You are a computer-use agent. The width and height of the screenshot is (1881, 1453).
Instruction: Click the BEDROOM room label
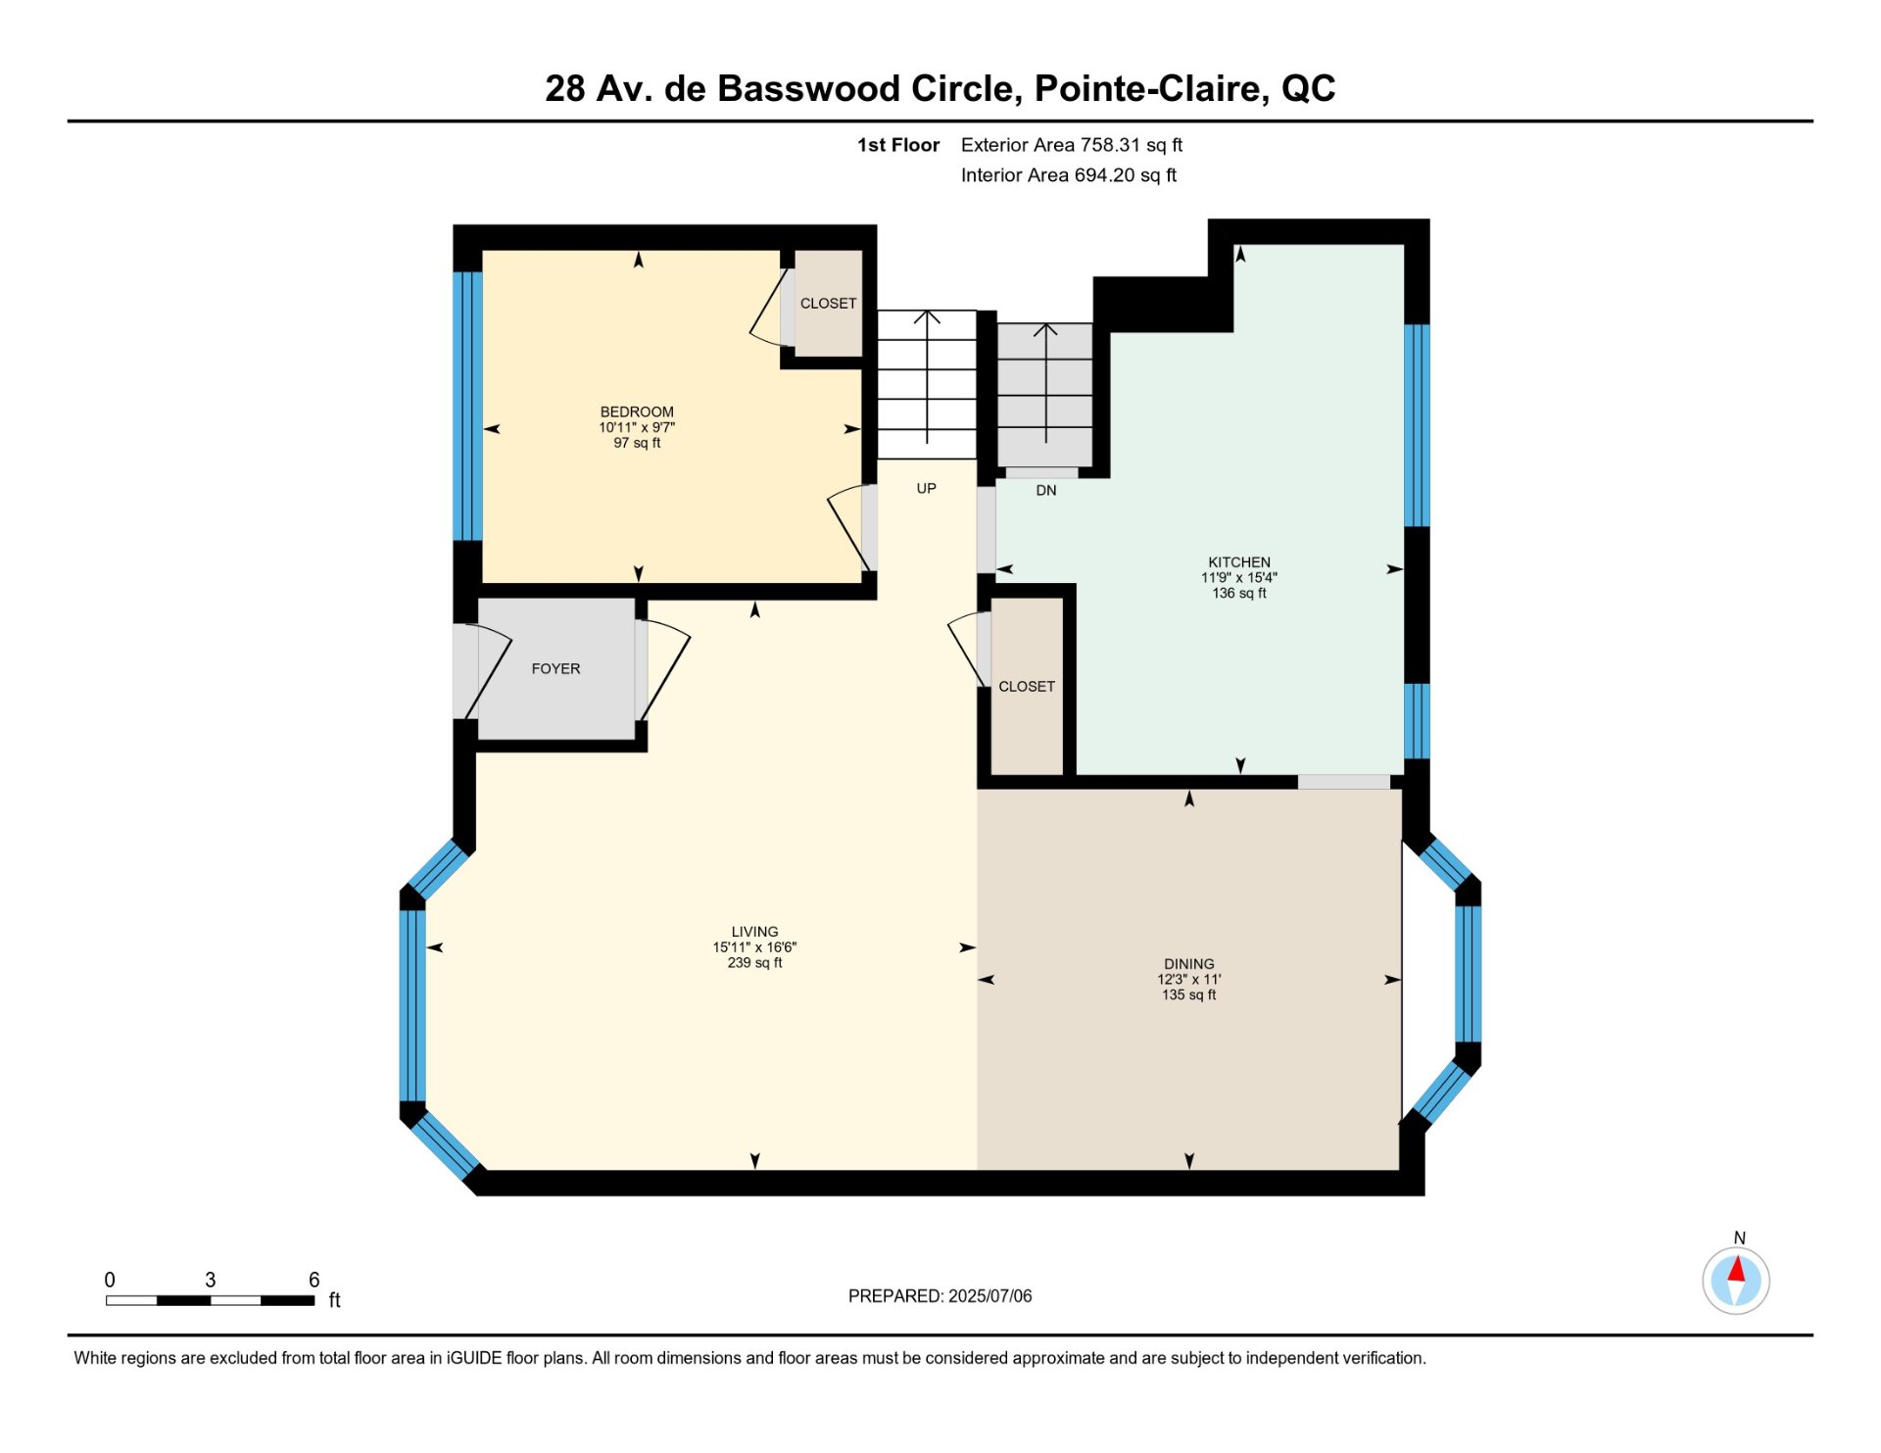pos(637,412)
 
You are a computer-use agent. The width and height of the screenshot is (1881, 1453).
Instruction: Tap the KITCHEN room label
pos(1239,562)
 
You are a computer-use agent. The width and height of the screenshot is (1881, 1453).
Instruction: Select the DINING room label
pos(1189,964)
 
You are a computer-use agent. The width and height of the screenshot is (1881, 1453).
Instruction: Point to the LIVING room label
pos(754,932)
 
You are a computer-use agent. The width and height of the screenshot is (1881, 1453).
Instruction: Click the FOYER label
pos(555,669)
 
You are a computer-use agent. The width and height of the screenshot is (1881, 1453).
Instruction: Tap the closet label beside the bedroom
pos(828,304)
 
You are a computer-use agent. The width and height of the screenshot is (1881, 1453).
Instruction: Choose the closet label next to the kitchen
pos(1027,687)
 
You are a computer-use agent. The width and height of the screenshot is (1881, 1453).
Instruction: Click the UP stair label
pos(926,489)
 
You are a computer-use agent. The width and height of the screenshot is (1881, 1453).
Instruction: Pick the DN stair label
pos(1046,491)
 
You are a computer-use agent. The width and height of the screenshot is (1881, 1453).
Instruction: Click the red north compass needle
pos(1736,1271)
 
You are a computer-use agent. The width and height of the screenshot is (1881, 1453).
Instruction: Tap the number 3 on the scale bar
pos(210,1280)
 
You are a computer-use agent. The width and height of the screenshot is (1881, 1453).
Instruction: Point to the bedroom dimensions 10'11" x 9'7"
pos(637,428)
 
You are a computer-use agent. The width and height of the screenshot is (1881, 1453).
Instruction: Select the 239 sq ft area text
pos(754,963)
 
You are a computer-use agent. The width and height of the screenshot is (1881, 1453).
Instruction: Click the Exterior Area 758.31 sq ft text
pos(1072,145)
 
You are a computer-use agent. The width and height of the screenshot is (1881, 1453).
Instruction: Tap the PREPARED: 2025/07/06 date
pos(940,1296)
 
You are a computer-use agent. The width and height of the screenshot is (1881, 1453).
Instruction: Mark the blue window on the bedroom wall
pos(467,407)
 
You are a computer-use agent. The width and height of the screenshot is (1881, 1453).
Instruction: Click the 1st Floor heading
pos(898,145)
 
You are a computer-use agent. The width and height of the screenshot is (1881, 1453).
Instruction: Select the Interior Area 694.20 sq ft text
pos(1069,175)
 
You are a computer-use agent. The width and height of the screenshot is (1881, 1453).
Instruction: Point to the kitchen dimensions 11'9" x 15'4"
pos(1239,578)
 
